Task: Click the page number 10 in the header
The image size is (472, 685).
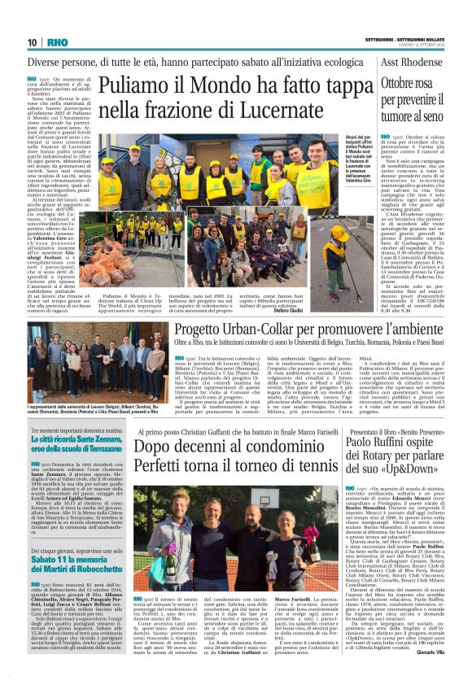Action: (32, 41)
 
